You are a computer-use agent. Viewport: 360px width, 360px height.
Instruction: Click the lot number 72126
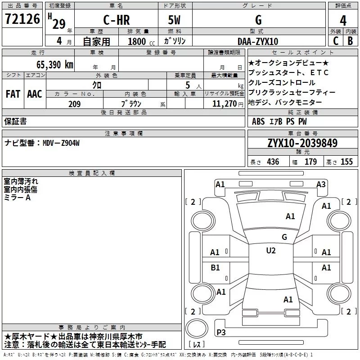[x=22, y=19]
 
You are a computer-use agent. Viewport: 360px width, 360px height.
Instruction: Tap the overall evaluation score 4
[x=343, y=20]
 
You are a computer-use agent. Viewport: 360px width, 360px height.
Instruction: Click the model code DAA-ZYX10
[x=258, y=41]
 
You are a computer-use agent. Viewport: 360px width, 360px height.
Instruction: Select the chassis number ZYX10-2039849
[x=302, y=144]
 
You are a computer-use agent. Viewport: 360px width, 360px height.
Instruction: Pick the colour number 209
[x=74, y=104]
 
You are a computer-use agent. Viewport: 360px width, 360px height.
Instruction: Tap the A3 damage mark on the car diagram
[x=321, y=184]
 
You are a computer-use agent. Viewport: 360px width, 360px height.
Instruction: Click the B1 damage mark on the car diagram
[x=216, y=268]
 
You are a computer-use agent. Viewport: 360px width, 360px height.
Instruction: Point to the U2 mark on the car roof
[x=271, y=251]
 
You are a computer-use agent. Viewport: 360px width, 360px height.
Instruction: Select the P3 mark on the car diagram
[x=221, y=332]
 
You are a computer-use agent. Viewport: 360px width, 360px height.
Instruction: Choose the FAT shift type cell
[x=13, y=94]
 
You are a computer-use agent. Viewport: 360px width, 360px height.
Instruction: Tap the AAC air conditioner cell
[x=35, y=94]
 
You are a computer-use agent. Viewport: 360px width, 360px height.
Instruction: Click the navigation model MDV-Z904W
[x=61, y=143]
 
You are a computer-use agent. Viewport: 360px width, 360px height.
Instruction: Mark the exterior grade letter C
[x=335, y=41]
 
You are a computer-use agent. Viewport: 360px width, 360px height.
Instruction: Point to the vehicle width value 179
[x=311, y=162]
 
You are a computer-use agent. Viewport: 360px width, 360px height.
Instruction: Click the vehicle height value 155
[x=346, y=162]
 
